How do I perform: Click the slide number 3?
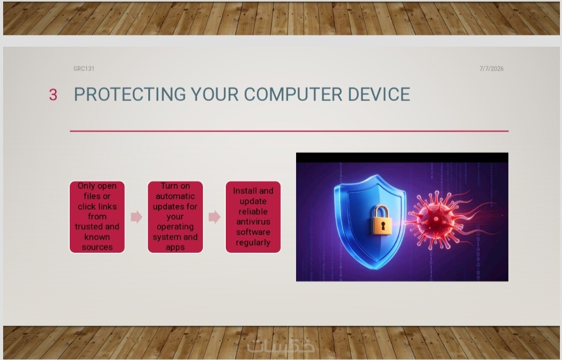[x=53, y=95]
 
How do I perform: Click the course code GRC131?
[x=84, y=69]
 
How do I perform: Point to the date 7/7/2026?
[x=491, y=69]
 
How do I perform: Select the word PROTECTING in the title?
[x=130, y=95]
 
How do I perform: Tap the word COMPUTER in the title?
[x=293, y=95]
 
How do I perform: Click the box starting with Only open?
[x=97, y=217]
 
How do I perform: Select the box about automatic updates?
[x=175, y=217]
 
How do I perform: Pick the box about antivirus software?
[x=253, y=217]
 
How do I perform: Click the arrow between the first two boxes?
[x=136, y=217]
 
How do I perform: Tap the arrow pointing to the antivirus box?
[x=214, y=217]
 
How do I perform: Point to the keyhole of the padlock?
[x=383, y=226]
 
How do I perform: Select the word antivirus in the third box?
[x=253, y=222]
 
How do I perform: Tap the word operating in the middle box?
[x=175, y=227]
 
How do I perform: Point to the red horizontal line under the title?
[x=289, y=131]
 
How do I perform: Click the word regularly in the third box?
[x=253, y=243]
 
